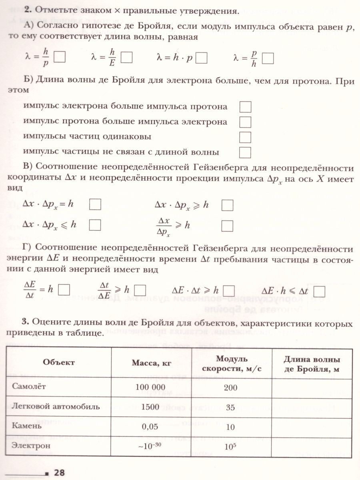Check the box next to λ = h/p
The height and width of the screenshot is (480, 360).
(60, 58)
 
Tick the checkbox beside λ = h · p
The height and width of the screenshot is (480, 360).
(202, 58)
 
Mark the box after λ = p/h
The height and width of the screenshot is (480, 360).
(268, 58)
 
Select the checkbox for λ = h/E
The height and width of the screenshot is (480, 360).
(126, 58)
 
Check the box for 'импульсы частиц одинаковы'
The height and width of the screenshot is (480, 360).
(245, 137)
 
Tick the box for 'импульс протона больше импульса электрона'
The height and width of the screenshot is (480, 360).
(245, 122)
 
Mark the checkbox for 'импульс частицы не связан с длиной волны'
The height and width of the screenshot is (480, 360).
(245, 152)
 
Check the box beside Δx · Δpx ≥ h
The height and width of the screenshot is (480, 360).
(227, 205)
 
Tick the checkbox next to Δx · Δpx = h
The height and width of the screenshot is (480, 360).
(95, 205)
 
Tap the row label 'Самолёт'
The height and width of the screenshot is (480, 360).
(29, 387)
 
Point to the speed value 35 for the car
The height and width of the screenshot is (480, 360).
(230, 408)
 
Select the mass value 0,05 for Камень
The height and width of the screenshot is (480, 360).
(150, 426)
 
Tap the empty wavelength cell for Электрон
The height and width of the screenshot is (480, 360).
(312, 446)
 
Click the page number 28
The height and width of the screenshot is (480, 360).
(59, 473)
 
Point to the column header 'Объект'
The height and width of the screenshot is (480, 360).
(58, 362)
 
